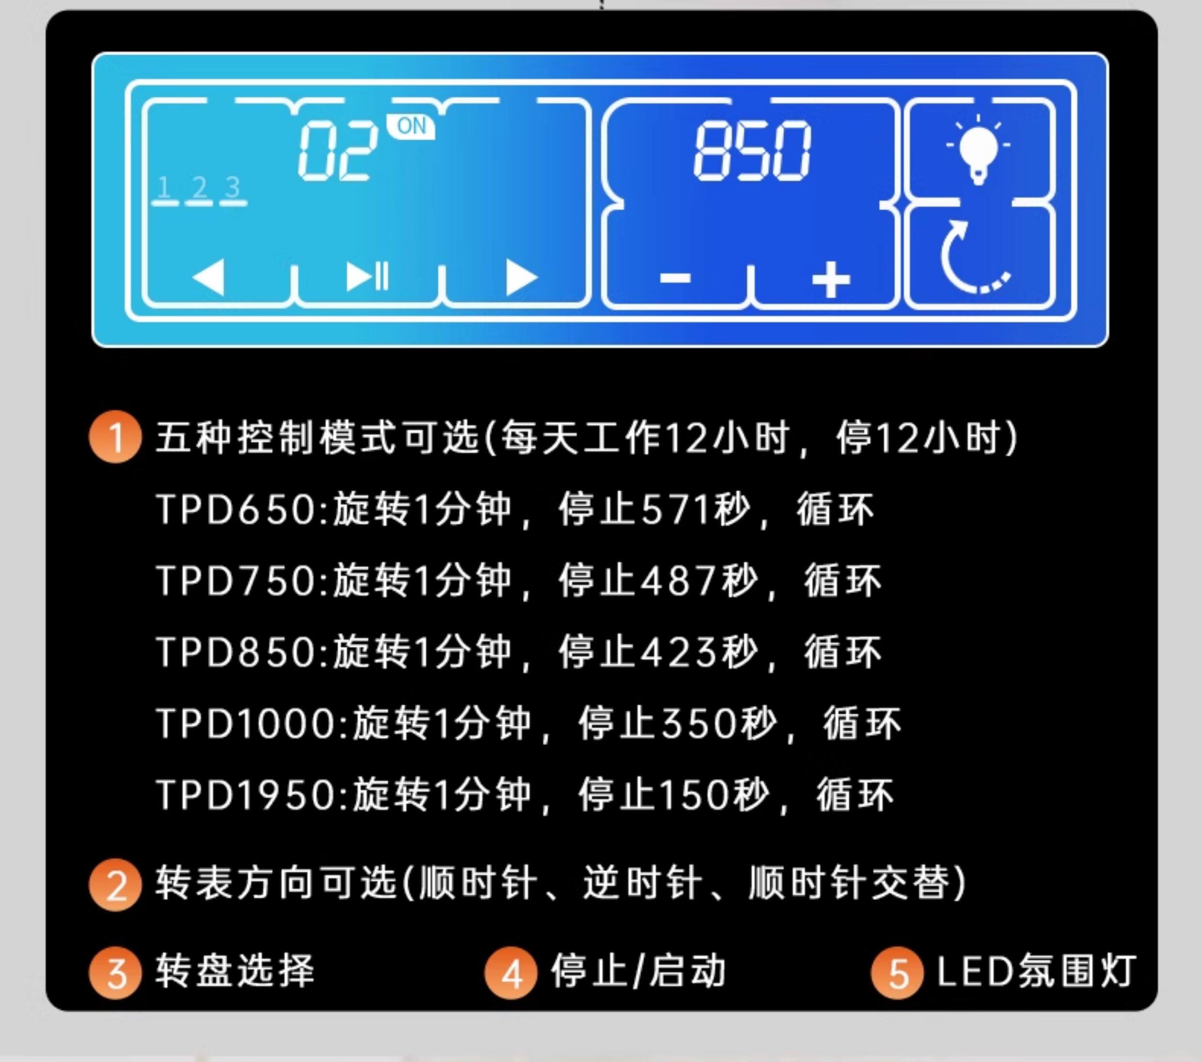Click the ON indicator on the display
click(411, 126)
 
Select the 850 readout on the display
click(752, 151)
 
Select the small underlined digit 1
click(164, 188)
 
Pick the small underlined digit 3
click(233, 188)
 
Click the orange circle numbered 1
click(115, 437)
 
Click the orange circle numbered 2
click(115, 885)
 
